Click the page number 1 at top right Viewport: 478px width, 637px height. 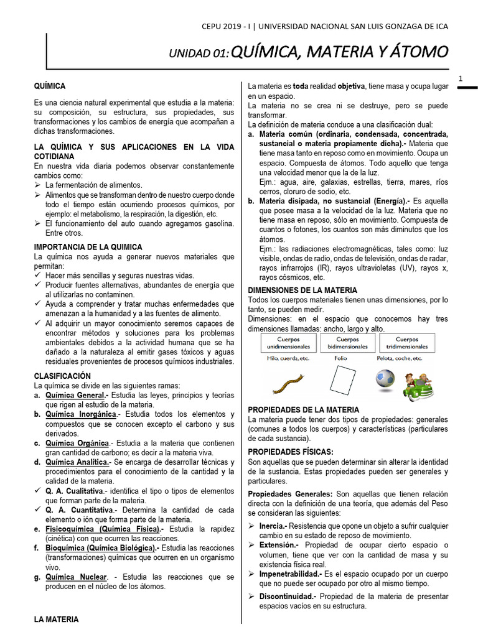461,78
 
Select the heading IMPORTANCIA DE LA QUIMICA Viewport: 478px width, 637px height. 88,247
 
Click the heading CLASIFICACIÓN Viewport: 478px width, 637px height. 62,376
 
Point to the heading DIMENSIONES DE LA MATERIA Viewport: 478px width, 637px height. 302,290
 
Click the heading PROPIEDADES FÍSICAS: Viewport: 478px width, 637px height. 290,451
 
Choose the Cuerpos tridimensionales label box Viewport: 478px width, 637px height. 407,343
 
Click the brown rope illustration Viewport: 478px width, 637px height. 288,381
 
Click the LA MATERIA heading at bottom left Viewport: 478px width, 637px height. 56,620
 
